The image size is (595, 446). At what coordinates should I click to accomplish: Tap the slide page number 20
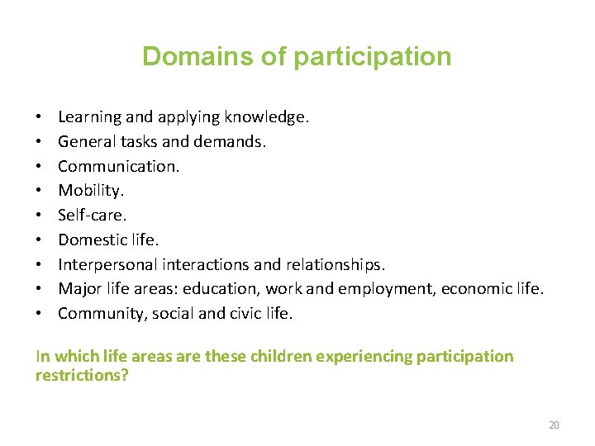point(554,425)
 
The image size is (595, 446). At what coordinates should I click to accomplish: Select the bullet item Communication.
point(118,166)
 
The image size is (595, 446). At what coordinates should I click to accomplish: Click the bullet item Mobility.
point(91,191)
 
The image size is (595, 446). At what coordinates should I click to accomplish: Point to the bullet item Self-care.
point(92,215)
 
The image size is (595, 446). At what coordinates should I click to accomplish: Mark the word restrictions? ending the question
point(82,376)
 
